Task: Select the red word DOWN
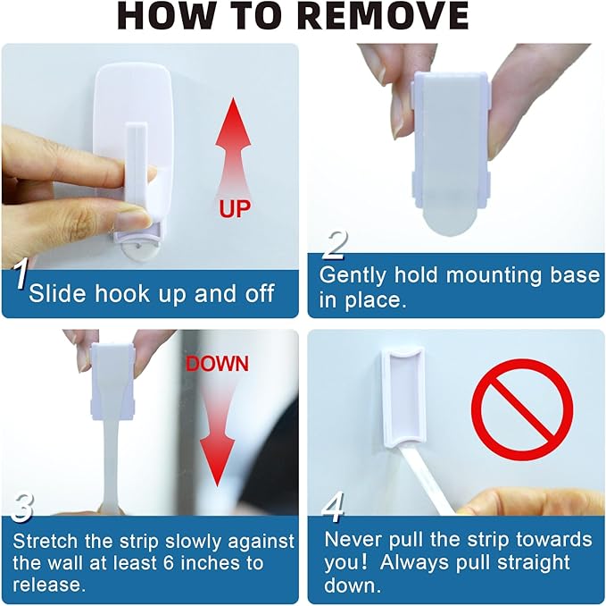(x=218, y=365)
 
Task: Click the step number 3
(x=21, y=508)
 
